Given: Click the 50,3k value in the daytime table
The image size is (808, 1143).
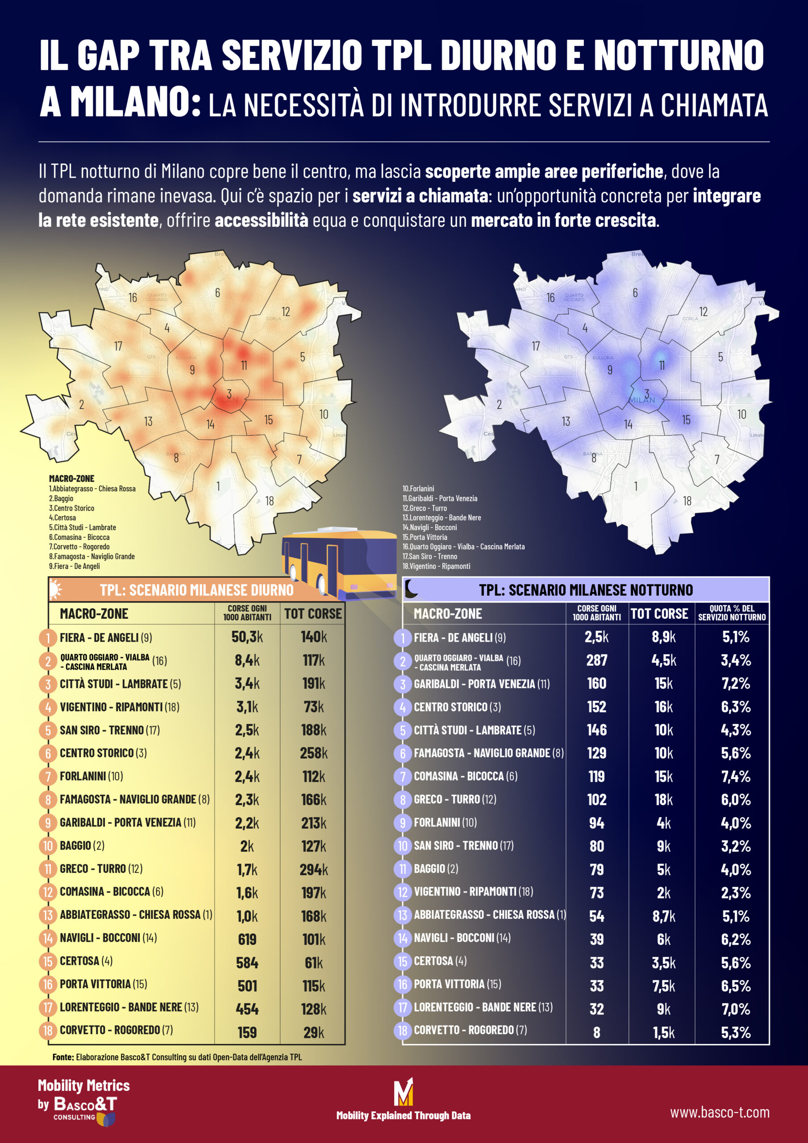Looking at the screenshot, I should coord(247,637).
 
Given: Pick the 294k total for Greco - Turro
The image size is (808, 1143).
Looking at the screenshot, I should coord(314,869).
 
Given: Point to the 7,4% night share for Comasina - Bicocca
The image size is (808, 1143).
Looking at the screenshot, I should coord(736,776).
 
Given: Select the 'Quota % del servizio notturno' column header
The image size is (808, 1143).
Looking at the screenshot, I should coord(731,613).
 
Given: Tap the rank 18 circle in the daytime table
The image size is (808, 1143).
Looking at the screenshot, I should coord(48,1030).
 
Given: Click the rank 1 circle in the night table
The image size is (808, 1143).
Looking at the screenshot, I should coord(402,638).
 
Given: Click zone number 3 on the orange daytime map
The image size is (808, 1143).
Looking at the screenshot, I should coord(229,394).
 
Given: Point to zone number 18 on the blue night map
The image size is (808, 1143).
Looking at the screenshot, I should coord(687,501).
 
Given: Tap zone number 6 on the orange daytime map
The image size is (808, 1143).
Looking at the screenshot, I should coord(217,293).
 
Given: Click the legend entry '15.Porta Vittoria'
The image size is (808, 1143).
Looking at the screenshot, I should coord(425,537).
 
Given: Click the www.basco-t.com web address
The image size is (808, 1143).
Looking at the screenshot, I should coord(719,1113).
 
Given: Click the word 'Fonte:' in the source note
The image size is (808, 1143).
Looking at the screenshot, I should coord(63,1057).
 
